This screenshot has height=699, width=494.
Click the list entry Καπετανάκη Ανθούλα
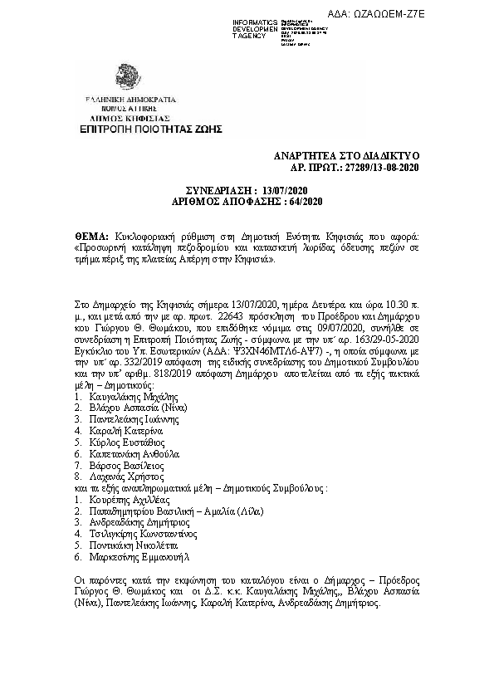pos(134,455)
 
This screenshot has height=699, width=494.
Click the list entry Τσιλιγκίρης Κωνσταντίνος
pos(144,535)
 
